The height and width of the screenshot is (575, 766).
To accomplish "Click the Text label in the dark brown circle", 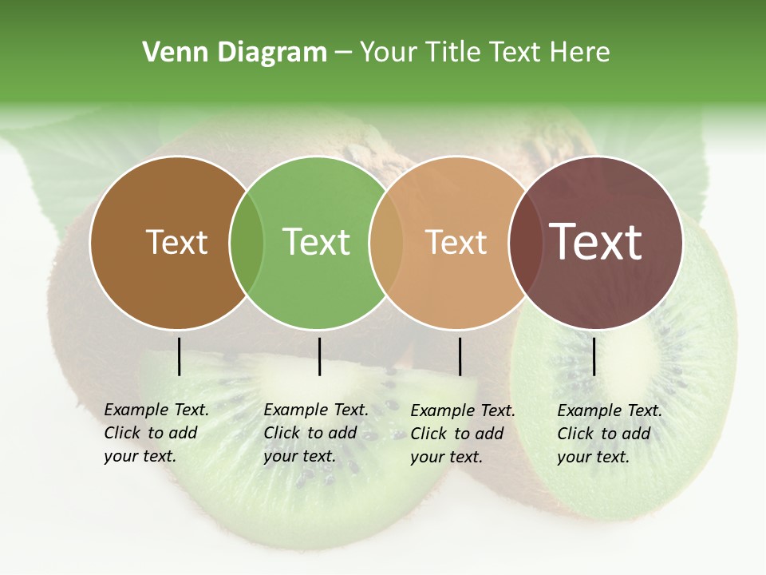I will point(176,242).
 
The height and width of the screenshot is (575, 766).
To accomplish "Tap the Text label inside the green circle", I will point(316,242).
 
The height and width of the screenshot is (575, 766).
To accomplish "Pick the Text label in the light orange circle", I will point(456,242).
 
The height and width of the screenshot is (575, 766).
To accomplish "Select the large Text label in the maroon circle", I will point(596,242).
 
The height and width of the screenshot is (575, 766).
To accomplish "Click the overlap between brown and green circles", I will point(247,242).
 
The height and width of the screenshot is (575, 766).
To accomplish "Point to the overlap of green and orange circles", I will point(386,242).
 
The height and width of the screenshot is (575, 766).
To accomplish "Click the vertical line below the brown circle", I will point(180,356).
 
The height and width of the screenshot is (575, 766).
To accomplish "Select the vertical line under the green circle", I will point(319,356).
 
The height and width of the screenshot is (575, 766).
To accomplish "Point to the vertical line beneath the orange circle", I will point(460,356).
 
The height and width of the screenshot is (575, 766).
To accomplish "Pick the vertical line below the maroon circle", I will point(594,356).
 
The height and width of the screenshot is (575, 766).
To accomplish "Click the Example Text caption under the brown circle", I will point(156,433).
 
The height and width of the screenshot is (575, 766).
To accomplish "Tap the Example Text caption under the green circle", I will point(315,433).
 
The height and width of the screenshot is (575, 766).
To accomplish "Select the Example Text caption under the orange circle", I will point(462,434).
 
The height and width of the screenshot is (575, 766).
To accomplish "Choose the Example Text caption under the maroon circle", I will point(609,434).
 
